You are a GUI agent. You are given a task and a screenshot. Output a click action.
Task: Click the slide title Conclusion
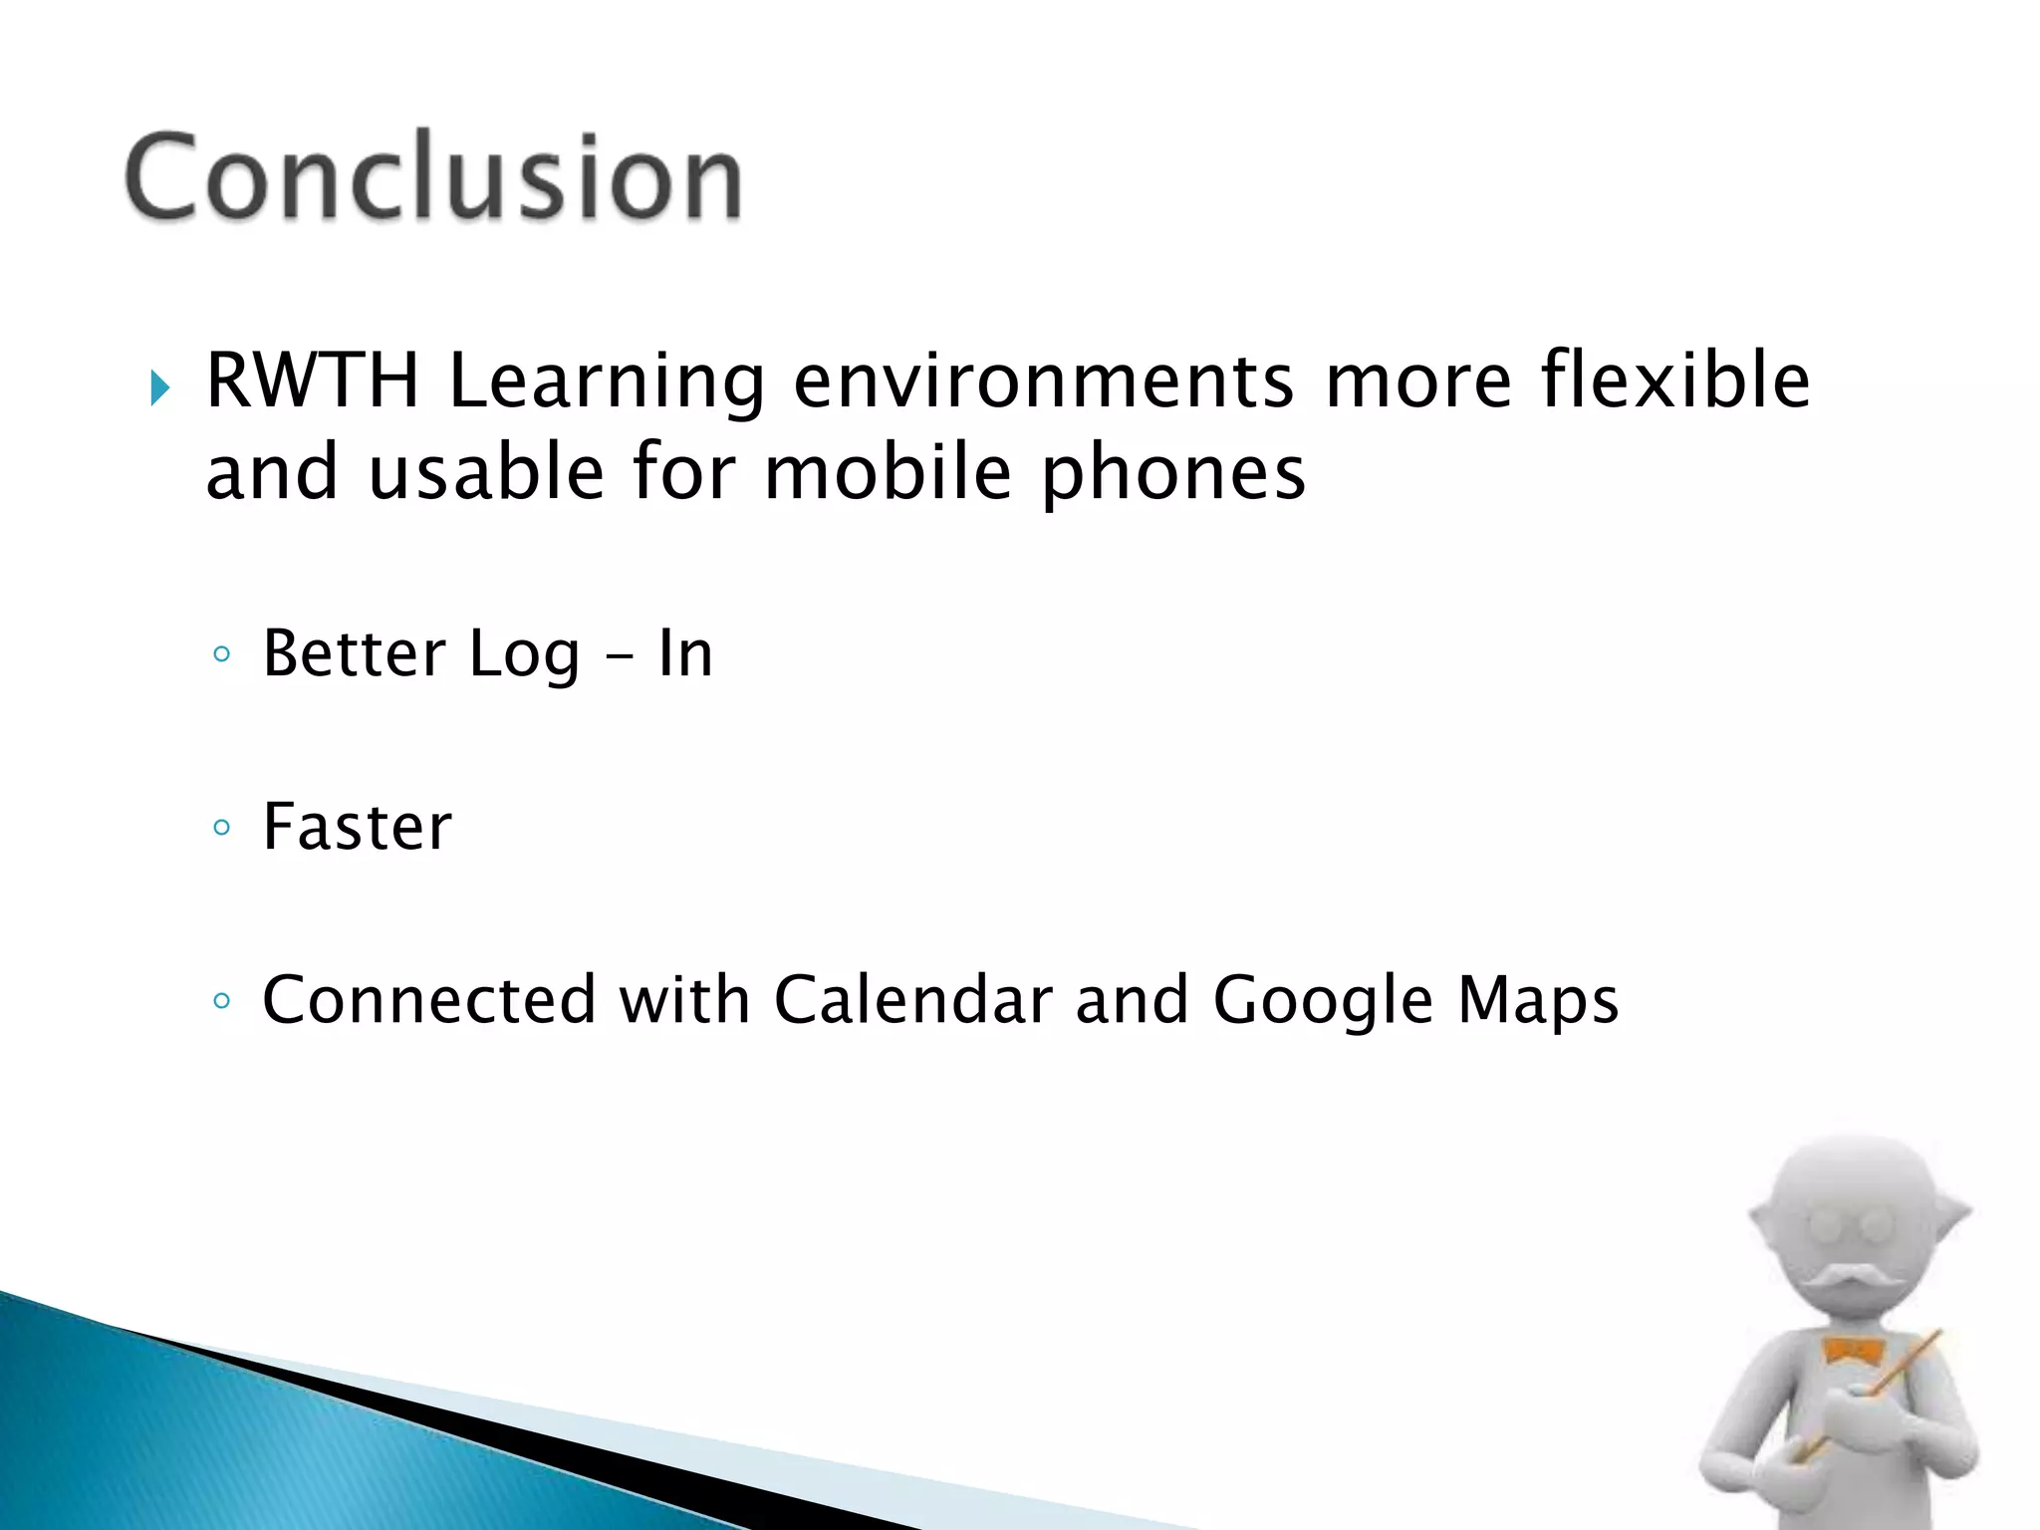point(433,176)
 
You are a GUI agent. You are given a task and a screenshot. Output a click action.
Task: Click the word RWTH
point(312,381)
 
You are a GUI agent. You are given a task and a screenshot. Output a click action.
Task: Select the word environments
point(1044,382)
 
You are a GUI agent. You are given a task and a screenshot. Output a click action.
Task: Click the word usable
point(486,472)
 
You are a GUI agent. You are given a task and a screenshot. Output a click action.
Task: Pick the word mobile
point(888,472)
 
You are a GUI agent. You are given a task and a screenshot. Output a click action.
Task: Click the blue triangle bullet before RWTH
point(159,386)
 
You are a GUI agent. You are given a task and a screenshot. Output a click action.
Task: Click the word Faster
point(357,827)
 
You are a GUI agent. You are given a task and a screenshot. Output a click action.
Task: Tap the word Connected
point(428,999)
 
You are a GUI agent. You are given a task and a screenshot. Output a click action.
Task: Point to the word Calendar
point(912,999)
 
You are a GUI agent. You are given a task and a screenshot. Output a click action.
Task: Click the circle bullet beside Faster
point(221,828)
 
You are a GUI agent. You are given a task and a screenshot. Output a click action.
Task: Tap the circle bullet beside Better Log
point(221,654)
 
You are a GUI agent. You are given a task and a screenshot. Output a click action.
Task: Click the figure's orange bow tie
point(1852,1352)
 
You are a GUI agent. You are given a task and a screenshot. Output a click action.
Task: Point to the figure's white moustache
point(1850,1279)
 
